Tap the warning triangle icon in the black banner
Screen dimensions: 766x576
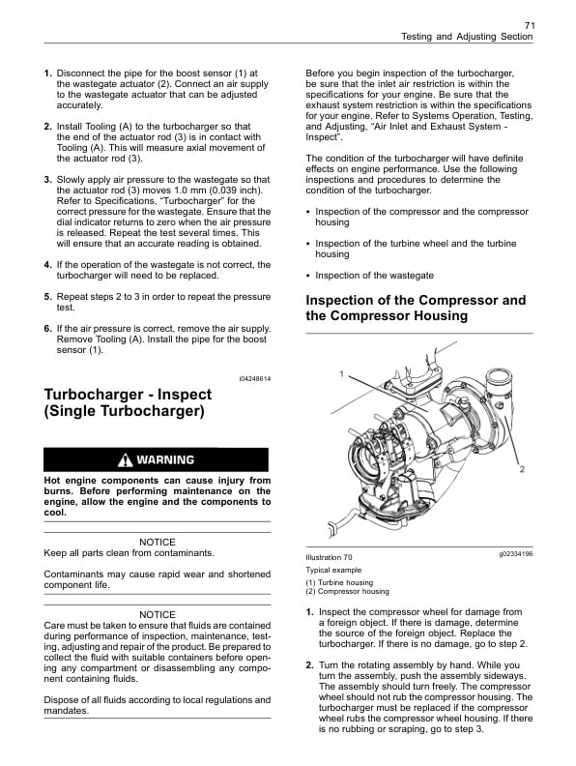(125, 459)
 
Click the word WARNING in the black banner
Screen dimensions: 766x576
(164, 459)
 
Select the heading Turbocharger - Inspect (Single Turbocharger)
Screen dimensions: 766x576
(126, 402)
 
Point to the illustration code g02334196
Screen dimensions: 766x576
(515, 555)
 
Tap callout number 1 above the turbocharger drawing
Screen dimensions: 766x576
(340, 372)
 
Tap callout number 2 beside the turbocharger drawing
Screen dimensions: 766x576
(521, 469)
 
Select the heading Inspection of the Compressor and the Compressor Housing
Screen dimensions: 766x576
(416, 308)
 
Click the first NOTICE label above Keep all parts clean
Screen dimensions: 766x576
(158, 542)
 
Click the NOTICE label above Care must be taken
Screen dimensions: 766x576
(158, 614)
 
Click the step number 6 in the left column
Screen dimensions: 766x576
(47, 330)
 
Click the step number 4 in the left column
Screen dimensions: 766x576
(47, 264)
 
